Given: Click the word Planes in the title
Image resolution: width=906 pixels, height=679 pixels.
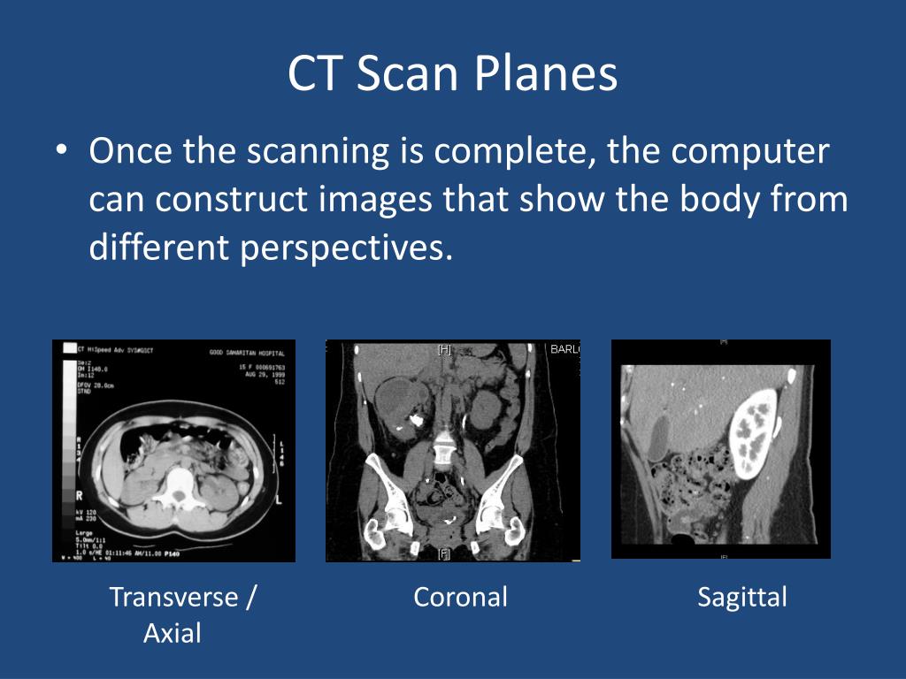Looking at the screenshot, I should [x=545, y=75].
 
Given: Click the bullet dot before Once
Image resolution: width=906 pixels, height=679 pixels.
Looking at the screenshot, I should [x=60, y=152].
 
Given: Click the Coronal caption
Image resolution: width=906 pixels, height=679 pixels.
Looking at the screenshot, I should [x=460, y=597].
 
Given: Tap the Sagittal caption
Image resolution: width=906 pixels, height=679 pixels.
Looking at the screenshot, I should [x=741, y=597].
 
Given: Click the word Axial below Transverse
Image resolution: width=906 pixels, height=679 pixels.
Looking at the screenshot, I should [x=173, y=633].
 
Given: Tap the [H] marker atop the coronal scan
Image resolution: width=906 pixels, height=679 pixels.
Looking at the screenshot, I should [x=444, y=350].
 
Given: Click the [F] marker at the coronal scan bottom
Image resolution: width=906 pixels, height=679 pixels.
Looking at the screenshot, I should [x=444, y=553].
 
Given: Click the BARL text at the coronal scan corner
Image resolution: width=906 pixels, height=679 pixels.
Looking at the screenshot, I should [x=564, y=350].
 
